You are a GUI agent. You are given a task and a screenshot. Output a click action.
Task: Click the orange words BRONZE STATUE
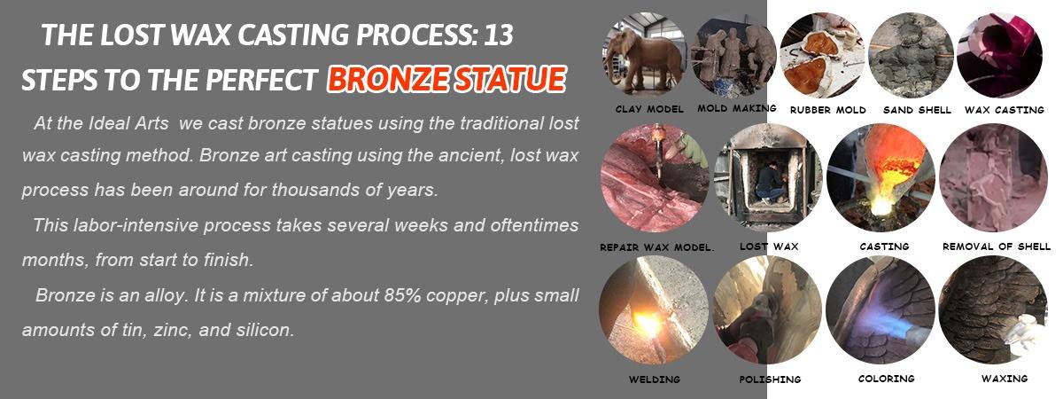(x=446, y=78)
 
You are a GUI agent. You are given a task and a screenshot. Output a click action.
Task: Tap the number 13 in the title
(x=498, y=35)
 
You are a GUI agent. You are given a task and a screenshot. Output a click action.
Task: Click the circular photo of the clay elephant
(x=645, y=55)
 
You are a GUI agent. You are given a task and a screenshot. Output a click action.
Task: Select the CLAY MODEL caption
(x=649, y=109)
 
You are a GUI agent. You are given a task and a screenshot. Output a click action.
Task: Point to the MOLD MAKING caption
(x=736, y=108)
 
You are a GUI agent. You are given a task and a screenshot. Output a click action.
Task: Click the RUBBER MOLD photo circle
(x=823, y=55)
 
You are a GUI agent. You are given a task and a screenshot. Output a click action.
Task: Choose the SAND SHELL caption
(x=917, y=110)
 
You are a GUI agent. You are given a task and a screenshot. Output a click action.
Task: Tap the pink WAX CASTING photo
(x=1000, y=55)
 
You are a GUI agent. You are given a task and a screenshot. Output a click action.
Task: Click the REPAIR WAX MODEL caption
(x=656, y=247)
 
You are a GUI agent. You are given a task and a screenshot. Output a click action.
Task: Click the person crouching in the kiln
(x=770, y=183)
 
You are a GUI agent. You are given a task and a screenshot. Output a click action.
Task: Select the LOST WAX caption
(x=769, y=246)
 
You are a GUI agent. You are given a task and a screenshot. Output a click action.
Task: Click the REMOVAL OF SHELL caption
(x=997, y=246)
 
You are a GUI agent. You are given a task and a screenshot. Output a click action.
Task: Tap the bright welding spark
(x=648, y=324)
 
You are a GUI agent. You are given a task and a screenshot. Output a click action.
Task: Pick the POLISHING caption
(x=770, y=379)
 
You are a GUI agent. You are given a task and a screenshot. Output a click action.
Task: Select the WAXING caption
(x=1005, y=379)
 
